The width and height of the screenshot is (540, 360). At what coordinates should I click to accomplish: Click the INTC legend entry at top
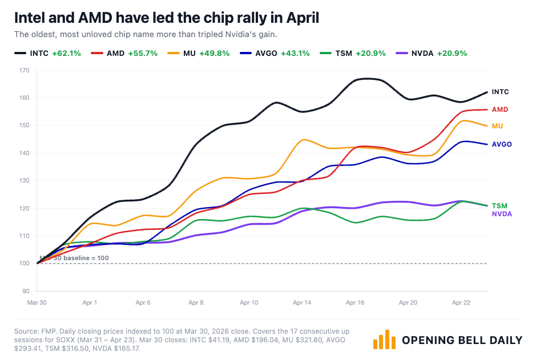click(48, 53)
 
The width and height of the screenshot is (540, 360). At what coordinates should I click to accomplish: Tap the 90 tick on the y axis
click(25, 291)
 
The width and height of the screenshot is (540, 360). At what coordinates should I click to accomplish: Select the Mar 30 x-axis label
click(37, 302)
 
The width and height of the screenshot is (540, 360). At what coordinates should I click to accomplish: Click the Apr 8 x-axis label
click(196, 302)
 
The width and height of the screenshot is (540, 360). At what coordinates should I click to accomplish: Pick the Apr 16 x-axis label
click(355, 302)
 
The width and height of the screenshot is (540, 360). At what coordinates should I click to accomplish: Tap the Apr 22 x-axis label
click(461, 302)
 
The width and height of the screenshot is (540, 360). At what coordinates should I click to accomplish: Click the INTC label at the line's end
click(500, 92)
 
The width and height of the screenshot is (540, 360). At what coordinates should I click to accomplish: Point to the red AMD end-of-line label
click(500, 110)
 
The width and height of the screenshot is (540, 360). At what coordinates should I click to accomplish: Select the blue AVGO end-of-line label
click(502, 144)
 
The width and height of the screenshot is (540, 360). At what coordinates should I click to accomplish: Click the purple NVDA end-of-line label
click(502, 214)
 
